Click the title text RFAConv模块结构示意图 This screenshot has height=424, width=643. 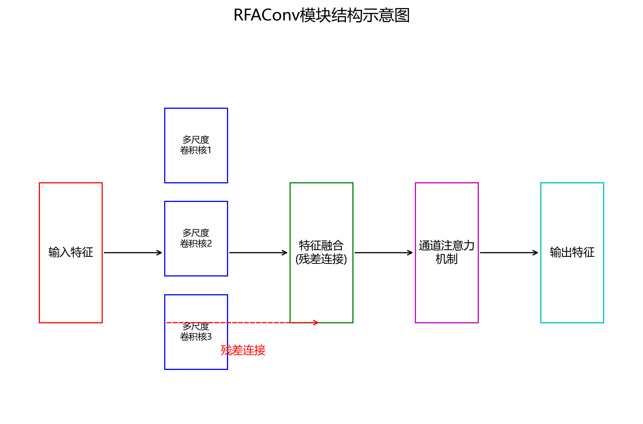321,15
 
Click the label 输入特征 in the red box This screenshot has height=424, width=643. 71,252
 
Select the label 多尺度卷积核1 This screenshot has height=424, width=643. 196,145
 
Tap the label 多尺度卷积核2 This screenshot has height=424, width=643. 196,238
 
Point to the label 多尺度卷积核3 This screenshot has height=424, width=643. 196,332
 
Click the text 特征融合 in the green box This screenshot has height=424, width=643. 321,246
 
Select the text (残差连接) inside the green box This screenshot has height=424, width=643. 321,259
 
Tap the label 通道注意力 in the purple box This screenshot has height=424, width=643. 446,246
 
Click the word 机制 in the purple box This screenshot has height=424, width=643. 446,259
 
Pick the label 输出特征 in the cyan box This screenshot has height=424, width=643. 572,252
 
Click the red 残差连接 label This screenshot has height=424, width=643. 243,351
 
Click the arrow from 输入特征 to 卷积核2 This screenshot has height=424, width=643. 133,253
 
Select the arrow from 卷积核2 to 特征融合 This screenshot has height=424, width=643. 258,253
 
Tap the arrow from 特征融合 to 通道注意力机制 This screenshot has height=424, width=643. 383,253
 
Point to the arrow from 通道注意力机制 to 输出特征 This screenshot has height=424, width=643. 509,253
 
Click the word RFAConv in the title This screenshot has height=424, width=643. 266,15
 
